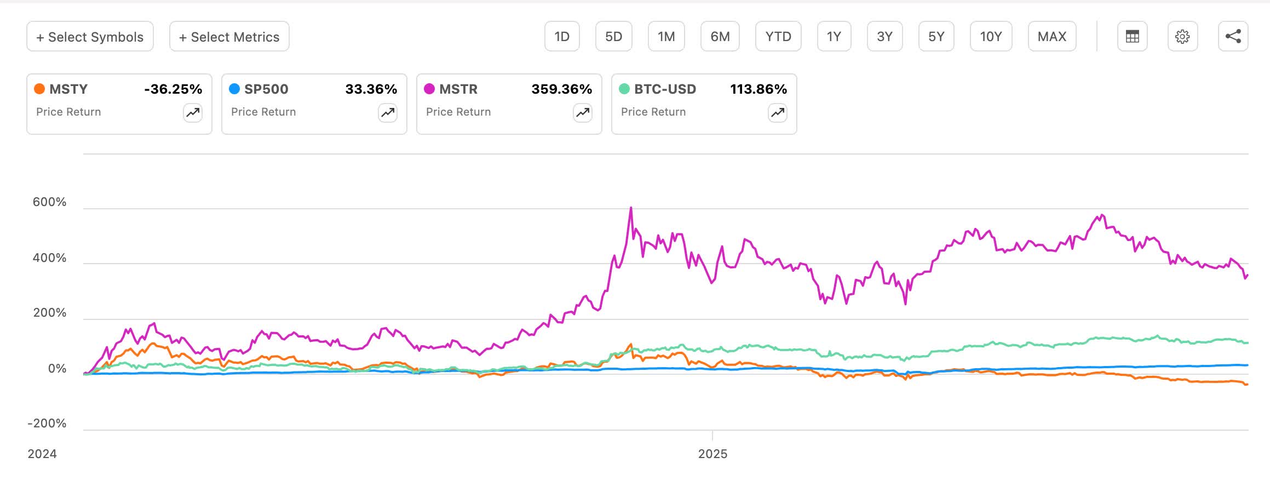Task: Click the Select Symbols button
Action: point(90,37)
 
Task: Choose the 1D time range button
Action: point(562,37)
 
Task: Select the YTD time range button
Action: point(778,37)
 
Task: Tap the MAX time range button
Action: point(1052,37)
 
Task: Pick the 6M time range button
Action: point(720,37)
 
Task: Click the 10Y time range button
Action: point(991,37)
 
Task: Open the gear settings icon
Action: point(1182,37)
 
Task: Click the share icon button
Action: point(1233,37)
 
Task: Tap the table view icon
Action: point(1132,37)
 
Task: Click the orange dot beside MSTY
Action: point(39,89)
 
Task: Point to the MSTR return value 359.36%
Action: point(561,89)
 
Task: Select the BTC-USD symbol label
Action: point(665,89)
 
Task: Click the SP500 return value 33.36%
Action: point(371,89)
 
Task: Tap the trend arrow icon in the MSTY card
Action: point(193,113)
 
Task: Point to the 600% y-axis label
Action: point(49,202)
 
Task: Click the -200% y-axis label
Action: point(47,424)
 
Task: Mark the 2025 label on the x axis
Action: point(712,454)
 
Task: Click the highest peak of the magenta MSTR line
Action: point(631,208)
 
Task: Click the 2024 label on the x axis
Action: point(42,454)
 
